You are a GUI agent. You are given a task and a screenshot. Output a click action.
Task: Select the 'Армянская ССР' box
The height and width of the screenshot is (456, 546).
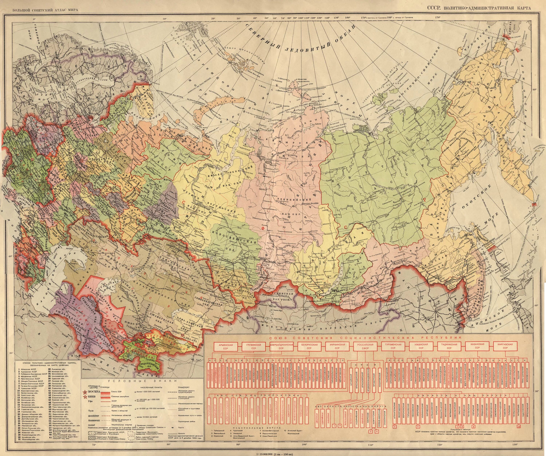click(225, 346)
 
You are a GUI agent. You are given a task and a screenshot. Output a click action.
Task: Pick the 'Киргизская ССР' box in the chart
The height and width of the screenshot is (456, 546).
click(505, 346)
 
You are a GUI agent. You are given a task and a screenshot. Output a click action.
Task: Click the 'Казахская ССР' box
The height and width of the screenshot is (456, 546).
click(477, 346)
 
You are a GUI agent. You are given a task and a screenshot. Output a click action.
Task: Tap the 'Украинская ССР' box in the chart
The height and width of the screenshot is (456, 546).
click(337, 346)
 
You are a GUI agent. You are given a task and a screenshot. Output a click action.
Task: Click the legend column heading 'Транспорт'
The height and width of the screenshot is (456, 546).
click(184, 387)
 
